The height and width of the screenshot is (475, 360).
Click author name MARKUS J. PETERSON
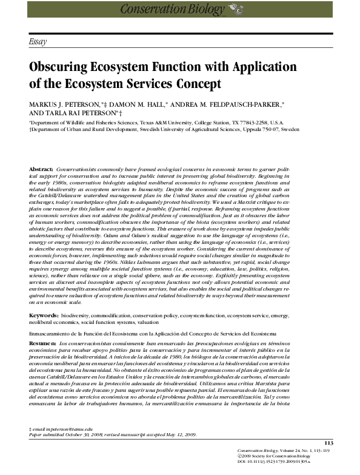65,104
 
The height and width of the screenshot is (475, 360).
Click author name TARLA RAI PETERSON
76,113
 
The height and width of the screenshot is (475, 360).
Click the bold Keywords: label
44,317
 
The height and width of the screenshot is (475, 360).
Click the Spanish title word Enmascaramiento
55,334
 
